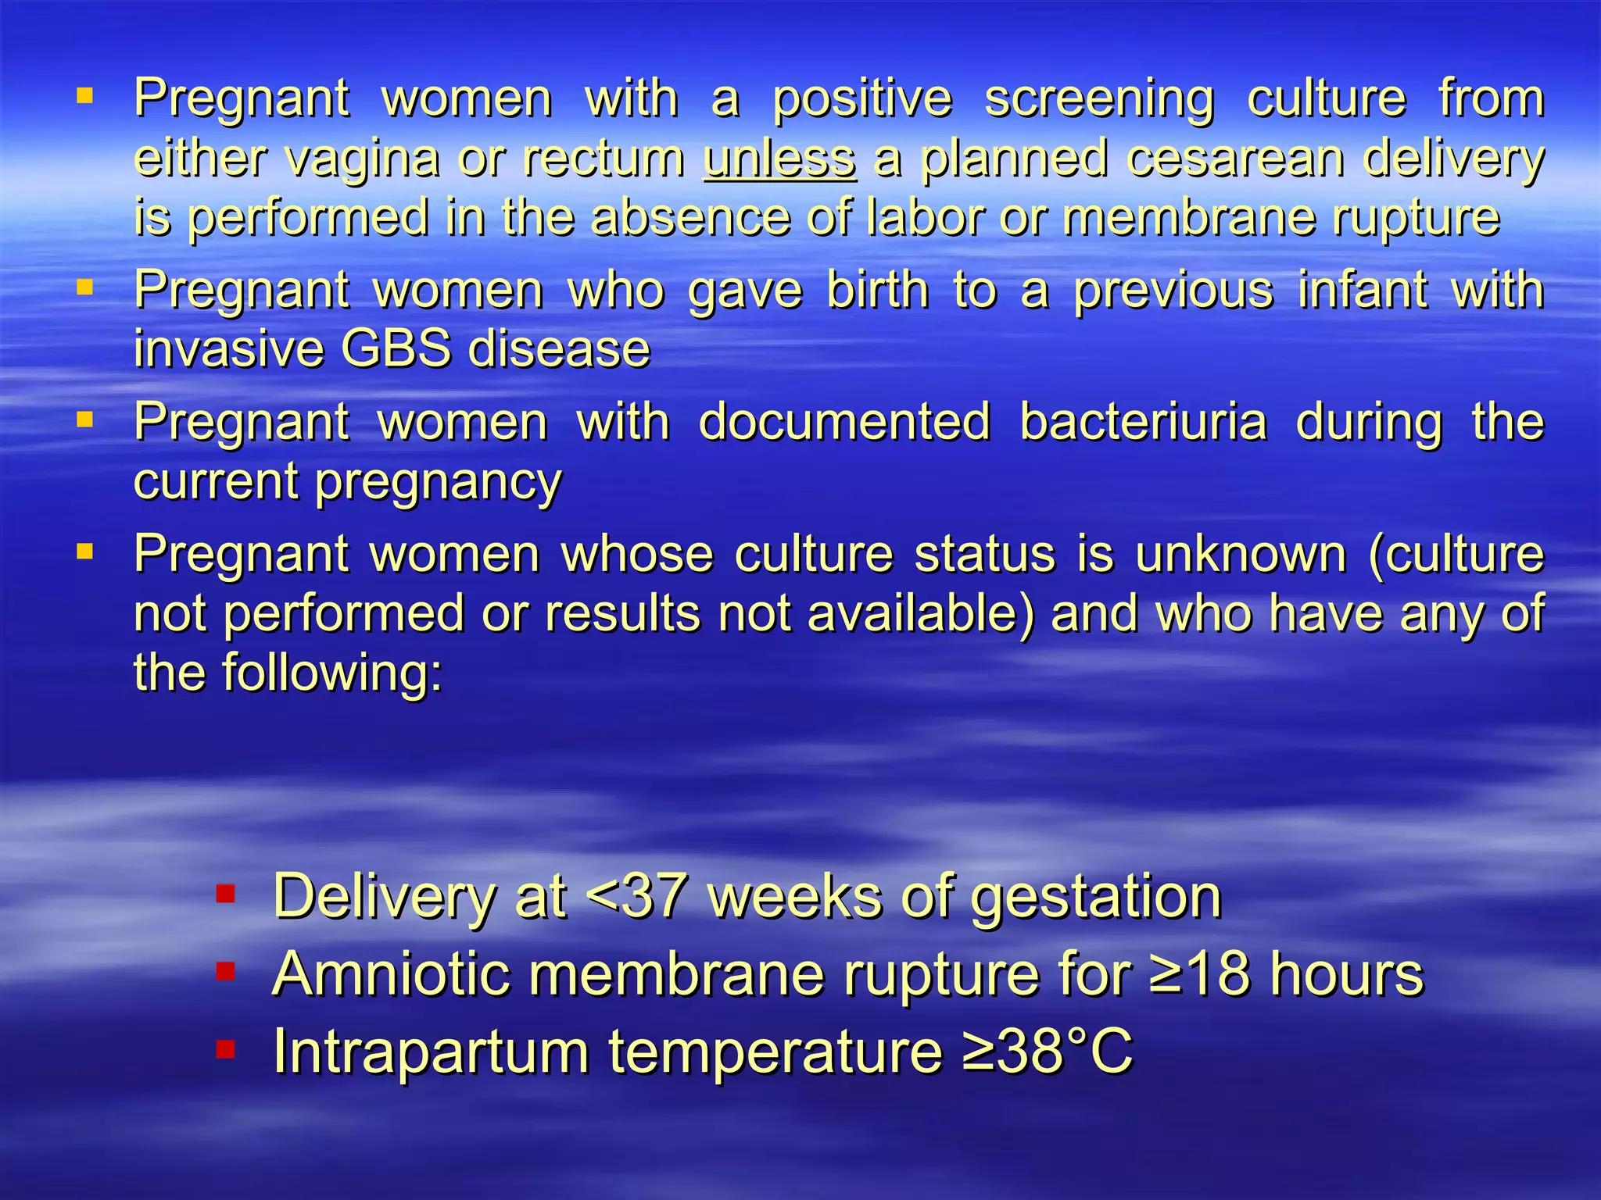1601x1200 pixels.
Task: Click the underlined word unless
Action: click(x=779, y=158)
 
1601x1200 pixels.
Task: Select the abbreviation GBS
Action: click(x=396, y=348)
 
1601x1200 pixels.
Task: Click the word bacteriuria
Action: click(x=1143, y=422)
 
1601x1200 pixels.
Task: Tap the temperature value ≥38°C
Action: click(x=1048, y=1052)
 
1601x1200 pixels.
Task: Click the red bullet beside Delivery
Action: click(x=226, y=894)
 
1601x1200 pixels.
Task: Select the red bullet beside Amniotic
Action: click(x=226, y=971)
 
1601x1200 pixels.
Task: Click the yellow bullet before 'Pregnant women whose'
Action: click(x=85, y=552)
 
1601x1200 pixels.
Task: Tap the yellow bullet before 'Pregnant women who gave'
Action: click(x=85, y=288)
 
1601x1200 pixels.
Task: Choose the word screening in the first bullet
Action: click(x=1099, y=99)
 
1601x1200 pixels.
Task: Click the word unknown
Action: click(x=1241, y=554)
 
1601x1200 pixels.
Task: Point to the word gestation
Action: click(x=1096, y=896)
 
